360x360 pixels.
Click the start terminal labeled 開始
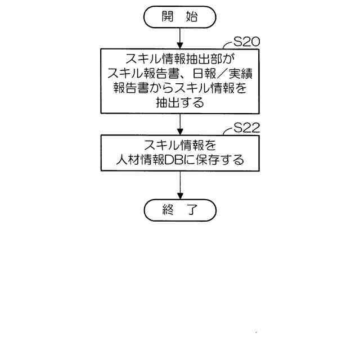coord(180,16)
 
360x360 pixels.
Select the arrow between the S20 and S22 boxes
coord(180,124)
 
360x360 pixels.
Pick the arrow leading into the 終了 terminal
coord(180,186)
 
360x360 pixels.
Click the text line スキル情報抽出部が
coord(180,58)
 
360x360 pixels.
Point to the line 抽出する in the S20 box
coord(180,103)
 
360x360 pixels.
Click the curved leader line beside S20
coord(227,46)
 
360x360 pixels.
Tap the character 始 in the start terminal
coord(192,16)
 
